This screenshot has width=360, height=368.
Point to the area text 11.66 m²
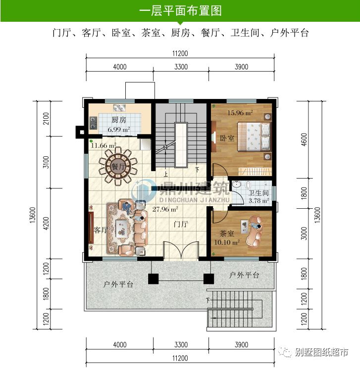pos(103,146)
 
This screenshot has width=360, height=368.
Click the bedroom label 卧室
pos(226,138)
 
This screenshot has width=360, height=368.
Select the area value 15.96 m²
pos(240,113)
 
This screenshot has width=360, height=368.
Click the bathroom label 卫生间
pos(258,193)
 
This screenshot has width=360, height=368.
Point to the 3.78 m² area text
pos(258,201)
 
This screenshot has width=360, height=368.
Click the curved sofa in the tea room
pos(256,231)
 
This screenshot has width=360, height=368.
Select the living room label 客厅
pos(101,230)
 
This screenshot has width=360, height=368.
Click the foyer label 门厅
pos(181,224)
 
